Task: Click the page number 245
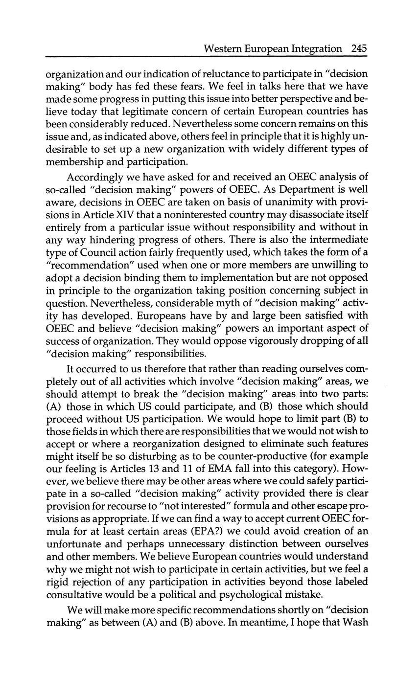click(359, 48)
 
